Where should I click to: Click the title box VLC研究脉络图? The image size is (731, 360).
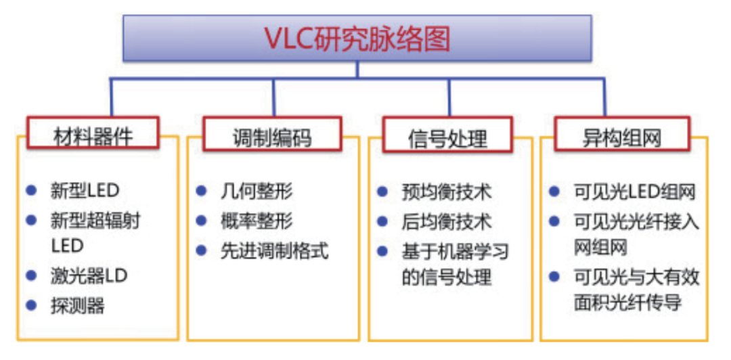click(357, 39)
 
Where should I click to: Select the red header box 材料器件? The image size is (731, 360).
click(93, 133)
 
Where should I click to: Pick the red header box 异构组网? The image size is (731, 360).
click(621, 134)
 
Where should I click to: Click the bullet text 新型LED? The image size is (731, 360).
click(85, 192)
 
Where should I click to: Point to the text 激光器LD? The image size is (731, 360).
click(89, 276)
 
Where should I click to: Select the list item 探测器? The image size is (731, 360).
click(77, 306)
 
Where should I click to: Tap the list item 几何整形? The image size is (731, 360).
click(257, 192)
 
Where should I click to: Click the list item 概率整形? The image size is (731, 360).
click(257, 221)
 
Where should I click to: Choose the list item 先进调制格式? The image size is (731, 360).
click(275, 251)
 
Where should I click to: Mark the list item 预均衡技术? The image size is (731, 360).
click(447, 192)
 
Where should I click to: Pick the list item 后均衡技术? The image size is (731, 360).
click(447, 222)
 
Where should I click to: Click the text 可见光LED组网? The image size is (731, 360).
click(635, 192)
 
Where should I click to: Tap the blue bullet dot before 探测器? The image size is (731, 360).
click(32, 305)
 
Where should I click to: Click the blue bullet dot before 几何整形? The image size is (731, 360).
click(202, 191)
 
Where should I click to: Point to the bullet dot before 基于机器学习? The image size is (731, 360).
click(382, 252)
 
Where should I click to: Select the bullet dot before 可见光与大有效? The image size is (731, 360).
click(554, 277)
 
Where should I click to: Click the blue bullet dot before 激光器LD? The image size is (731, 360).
click(32, 275)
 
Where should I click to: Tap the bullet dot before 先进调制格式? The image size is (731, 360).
click(202, 251)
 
